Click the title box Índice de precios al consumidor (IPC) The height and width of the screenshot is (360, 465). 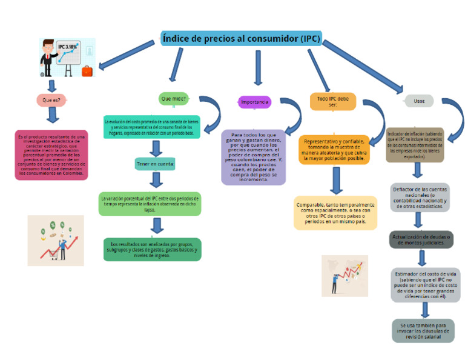click(240, 38)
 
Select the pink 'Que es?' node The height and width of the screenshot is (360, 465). click(51, 100)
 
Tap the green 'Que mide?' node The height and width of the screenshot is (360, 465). click(173, 98)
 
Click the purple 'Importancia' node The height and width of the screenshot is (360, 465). click(254, 102)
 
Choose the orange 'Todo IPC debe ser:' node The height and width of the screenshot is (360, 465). click(332, 101)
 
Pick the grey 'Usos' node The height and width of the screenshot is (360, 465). click(418, 101)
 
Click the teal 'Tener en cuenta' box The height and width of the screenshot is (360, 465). click(155, 164)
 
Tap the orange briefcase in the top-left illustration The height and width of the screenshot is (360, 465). click(87, 71)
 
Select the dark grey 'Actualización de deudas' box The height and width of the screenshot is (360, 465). click(421, 239)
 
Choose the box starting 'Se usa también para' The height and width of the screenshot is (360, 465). click(423, 331)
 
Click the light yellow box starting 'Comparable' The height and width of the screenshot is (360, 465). click(334, 213)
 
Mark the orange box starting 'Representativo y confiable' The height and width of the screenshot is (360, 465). click(334, 150)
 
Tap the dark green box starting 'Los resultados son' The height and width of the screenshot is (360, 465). click(153, 249)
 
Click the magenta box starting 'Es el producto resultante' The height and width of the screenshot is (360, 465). click(51, 155)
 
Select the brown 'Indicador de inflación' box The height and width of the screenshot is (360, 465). click(415, 145)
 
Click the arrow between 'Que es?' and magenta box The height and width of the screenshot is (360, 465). click(53, 116)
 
